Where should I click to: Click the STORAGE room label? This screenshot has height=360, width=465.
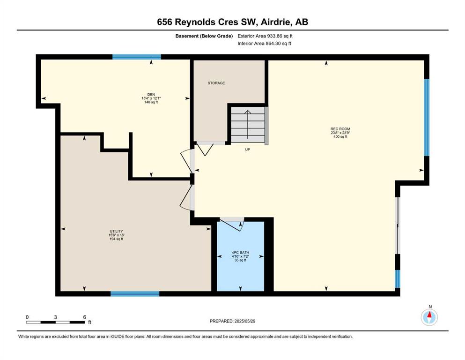point(216,83)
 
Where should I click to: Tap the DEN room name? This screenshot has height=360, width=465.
point(151,95)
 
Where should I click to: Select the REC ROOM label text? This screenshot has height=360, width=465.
point(340,129)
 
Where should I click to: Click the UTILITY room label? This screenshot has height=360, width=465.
point(116,231)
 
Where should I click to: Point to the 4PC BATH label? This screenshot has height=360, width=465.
point(241,253)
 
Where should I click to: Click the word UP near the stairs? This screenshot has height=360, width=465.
point(248,150)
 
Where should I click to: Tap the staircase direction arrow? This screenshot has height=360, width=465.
point(248,124)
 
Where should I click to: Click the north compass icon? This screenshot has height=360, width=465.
point(429,317)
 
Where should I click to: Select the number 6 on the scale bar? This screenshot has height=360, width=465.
point(84,317)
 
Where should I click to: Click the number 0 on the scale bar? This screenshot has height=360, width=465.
point(27,317)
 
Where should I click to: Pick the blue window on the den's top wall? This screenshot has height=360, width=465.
point(136,57)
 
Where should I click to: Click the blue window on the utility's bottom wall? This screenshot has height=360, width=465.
point(135,294)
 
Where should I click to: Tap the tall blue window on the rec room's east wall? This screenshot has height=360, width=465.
point(427,117)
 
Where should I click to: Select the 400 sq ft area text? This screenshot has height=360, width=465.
point(340,137)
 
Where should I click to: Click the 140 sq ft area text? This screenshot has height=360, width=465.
point(151,102)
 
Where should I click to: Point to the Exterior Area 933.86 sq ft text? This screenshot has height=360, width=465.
point(265,36)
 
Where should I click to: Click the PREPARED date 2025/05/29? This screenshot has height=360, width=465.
point(244,321)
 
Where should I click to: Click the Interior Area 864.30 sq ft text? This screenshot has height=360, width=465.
point(264,43)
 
